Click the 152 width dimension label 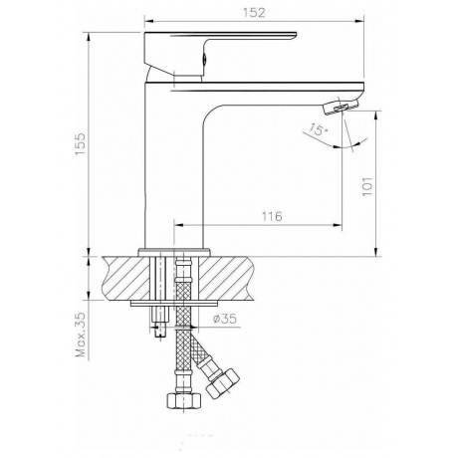[x=254, y=13]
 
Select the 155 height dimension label [x=81, y=143]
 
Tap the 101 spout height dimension [x=367, y=186]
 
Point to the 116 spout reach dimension [x=272, y=216]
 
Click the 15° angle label [x=318, y=129]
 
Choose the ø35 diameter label [x=225, y=319]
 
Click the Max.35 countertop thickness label [x=81, y=335]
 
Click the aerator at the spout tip [x=341, y=107]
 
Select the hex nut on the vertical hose [x=183, y=400]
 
